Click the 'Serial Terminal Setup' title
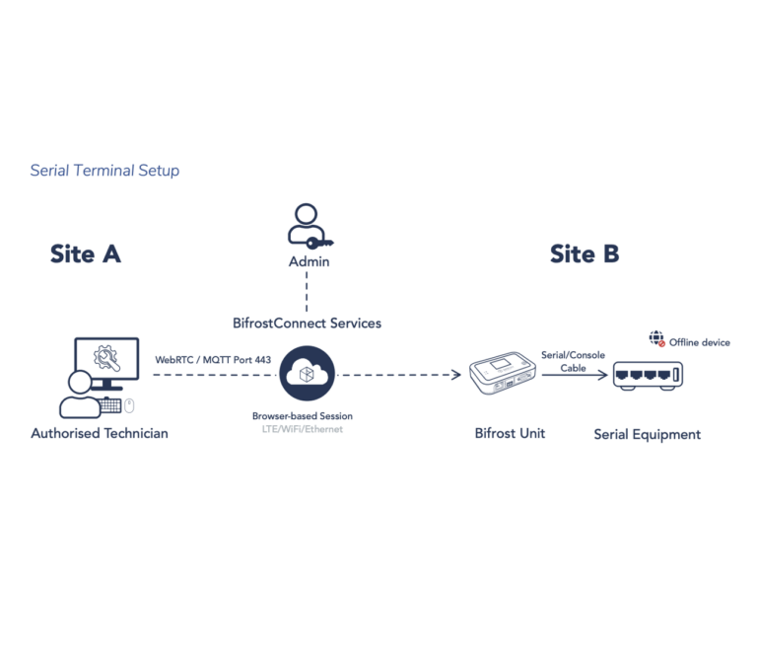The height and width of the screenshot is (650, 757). (x=104, y=171)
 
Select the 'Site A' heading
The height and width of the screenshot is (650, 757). (x=85, y=253)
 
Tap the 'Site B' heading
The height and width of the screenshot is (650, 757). (x=585, y=253)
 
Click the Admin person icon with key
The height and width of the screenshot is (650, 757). (x=307, y=226)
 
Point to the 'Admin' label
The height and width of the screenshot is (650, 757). (x=308, y=261)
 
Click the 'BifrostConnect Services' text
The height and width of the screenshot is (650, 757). (x=307, y=323)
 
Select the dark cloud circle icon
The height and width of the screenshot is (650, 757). (x=307, y=374)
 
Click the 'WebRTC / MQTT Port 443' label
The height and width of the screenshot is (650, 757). (x=213, y=360)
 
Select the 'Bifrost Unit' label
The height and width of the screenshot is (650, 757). (x=510, y=433)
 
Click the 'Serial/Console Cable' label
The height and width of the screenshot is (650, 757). (x=573, y=361)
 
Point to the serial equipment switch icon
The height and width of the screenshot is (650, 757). (x=648, y=375)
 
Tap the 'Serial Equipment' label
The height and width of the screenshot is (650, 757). (x=647, y=434)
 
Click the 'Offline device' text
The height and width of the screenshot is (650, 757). (x=700, y=342)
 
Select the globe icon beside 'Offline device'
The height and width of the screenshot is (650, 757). (x=656, y=339)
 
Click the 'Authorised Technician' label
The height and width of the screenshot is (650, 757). (x=100, y=433)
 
